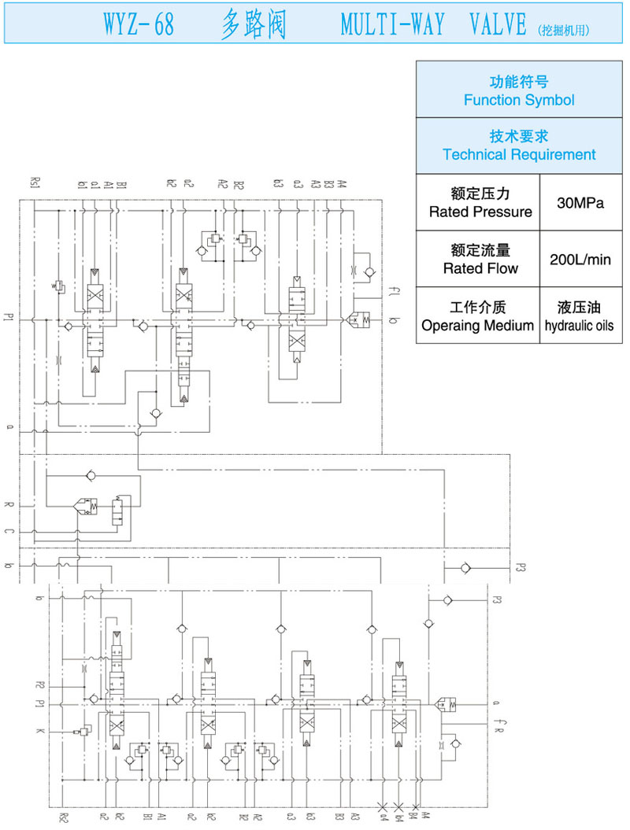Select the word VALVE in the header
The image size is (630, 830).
pyautogui.click(x=496, y=26)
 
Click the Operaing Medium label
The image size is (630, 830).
pyautogui.click(x=477, y=316)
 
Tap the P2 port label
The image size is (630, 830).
pyautogui.click(x=40, y=685)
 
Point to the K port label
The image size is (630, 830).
pyautogui.click(x=40, y=732)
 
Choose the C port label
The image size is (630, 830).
pyautogui.click(x=9, y=532)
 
